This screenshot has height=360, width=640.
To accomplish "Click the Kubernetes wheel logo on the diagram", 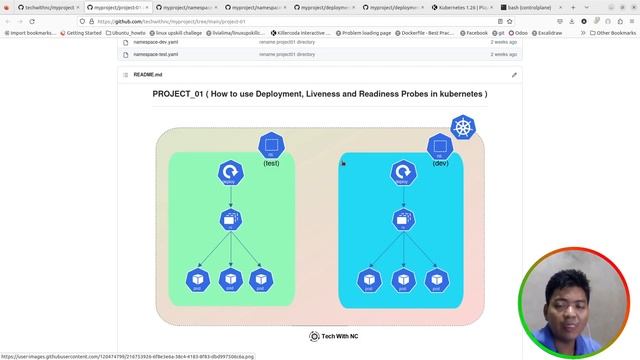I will pyautogui.click(x=463, y=128).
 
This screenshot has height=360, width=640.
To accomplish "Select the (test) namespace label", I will pyautogui.click(x=271, y=163).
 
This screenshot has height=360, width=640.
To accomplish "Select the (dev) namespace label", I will pyautogui.click(x=440, y=163).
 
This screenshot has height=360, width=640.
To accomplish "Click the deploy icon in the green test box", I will pyautogui.click(x=231, y=173).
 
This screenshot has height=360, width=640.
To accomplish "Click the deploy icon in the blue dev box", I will pyautogui.click(x=403, y=173).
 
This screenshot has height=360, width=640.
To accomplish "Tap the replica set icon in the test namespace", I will pyautogui.click(x=231, y=220).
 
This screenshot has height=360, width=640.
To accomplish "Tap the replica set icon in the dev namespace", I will pyautogui.click(x=403, y=220).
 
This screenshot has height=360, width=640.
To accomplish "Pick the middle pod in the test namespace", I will pyautogui.click(x=231, y=281).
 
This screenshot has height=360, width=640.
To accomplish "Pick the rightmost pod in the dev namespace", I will pyautogui.click(x=435, y=281).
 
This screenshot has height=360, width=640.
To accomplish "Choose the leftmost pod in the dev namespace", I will pyautogui.click(x=370, y=281).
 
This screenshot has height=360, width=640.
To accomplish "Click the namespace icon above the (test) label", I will pyautogui.click(x=271, y=146).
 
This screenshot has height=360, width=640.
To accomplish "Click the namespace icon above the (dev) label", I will pyautogui.click(x=440, y=146).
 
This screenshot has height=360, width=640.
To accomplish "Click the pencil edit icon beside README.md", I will pyautogui.click(x=515, y=75).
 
